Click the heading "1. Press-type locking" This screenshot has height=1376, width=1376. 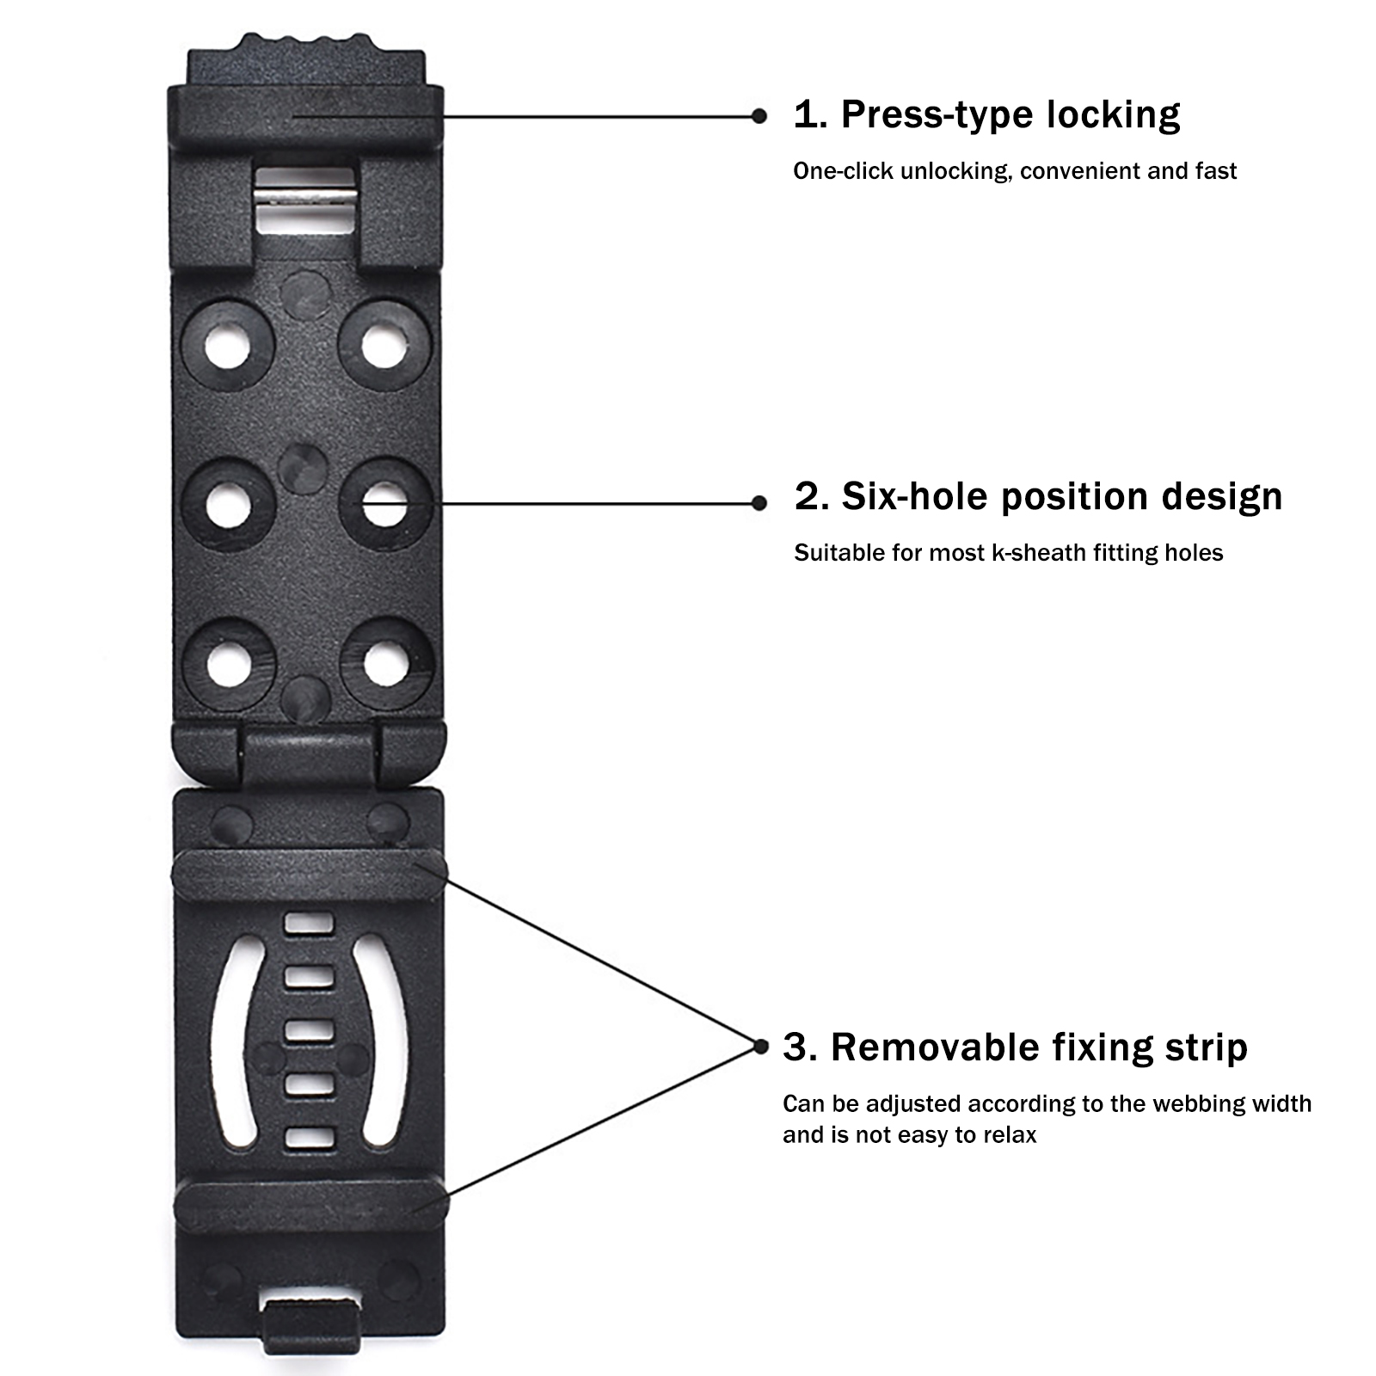click(x=986, y=115)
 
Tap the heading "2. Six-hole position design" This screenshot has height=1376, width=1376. click(x=1038, y=497)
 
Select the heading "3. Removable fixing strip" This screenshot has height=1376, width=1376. click(x=1015, y=1048)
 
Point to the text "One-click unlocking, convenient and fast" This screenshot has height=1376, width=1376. click(x=1015, y=171)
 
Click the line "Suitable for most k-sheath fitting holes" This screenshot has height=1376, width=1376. click(x=1008, y=553)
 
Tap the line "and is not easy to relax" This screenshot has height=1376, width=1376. click(x=909, y=1135)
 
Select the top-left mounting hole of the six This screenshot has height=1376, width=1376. click(x=227, y=345)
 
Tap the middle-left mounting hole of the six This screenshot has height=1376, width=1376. click(x=228, y=505)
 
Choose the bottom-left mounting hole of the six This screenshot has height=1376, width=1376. click(x=229, y=664)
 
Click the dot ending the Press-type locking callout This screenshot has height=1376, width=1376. click(x=759, y=116)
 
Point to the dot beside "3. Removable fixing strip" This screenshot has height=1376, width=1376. click(x=760, y=1047)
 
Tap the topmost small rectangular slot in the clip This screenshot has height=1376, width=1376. click(x=309, y=924)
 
